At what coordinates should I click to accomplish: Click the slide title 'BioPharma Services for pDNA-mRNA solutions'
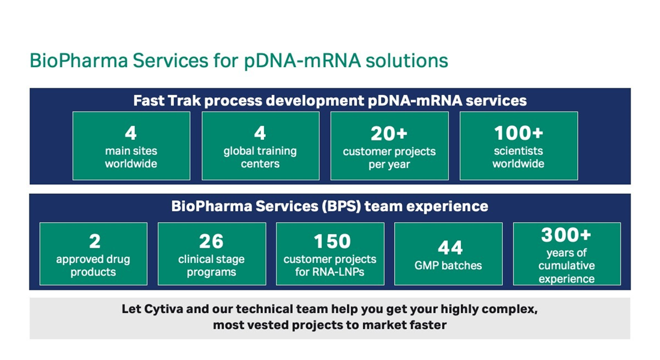point(239,61)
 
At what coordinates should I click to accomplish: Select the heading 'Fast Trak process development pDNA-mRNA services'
point(330,101)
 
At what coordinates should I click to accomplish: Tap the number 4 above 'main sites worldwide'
point(131,133)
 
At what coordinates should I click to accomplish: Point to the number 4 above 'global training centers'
point(260,133)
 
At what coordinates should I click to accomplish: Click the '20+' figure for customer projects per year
point(389,133)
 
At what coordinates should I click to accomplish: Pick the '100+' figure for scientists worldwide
point(518,133)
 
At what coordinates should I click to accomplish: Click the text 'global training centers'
point(260,157)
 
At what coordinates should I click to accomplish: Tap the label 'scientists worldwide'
point(518,157)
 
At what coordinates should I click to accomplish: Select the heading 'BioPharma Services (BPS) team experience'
point(329,206)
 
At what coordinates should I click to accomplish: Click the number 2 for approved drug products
point(95,241)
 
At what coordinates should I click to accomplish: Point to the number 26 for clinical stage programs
point(211,241)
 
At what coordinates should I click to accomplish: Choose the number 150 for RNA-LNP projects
point(332,241)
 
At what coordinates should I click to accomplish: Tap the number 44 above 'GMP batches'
point(450,248)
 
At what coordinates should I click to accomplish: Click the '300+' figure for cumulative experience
point(566,235)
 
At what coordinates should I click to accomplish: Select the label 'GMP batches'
point(448,265)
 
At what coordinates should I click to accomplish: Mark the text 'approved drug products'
point(93,265)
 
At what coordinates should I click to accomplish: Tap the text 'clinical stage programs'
point(211,265)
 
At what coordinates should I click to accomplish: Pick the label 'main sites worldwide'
point(131,157)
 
